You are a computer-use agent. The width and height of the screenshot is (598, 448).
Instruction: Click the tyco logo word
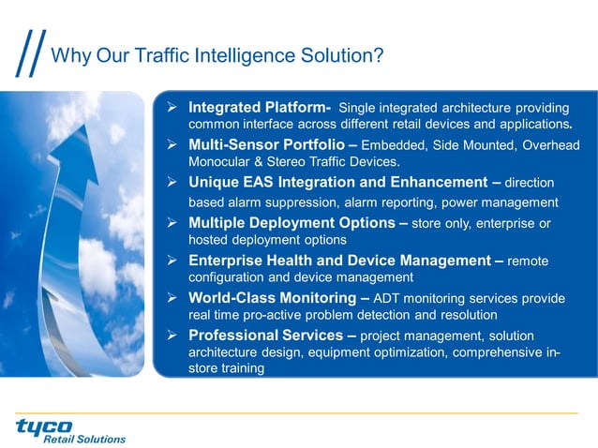(x=44, y=426)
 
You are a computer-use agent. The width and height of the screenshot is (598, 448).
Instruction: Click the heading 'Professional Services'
(x=264, y=335)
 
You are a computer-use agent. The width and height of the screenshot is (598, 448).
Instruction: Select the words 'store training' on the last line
(x=226, y=369)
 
